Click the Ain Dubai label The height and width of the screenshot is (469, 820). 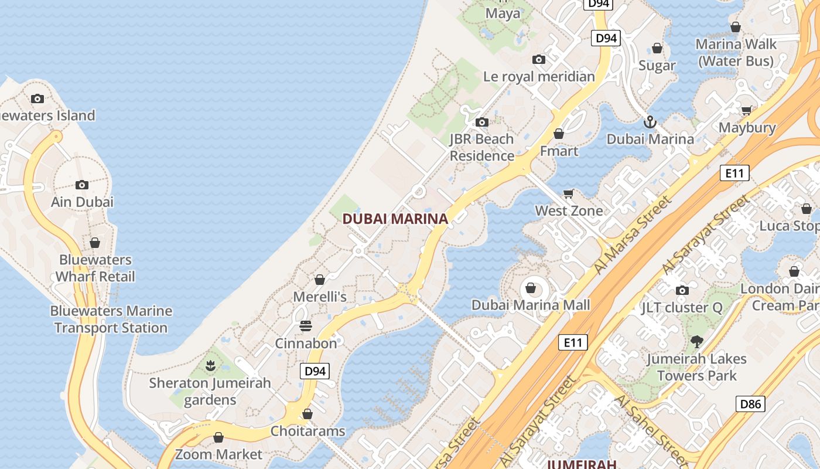pos(82,202)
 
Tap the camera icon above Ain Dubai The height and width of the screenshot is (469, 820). pos(82,185)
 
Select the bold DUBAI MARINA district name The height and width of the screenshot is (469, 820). pos(395,219)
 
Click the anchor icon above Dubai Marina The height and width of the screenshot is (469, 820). pos(650,122)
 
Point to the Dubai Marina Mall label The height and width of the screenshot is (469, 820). pos(531,305)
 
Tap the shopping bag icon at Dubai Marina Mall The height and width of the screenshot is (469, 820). pos(531,288)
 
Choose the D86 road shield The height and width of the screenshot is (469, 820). pos(750,403)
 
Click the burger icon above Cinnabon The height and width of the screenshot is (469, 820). pos(306,325)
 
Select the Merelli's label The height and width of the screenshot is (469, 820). pos(320,297)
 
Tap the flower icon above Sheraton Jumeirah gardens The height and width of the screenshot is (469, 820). pos(210,366)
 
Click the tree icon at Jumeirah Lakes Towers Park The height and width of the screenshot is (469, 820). pos(696,341)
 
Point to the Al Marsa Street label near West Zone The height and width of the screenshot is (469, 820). pos(633,235)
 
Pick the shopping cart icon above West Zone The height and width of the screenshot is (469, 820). pos(568,193)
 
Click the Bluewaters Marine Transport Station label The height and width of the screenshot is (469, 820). pos(111,320)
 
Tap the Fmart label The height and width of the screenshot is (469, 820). pos(559,151)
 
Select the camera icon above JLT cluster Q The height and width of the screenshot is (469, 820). pos(682,290)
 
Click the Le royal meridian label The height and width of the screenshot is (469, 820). pos(539,76)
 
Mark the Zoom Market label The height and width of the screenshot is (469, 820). pos(218,454)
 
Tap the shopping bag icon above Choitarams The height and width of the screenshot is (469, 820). pos(307,414)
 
